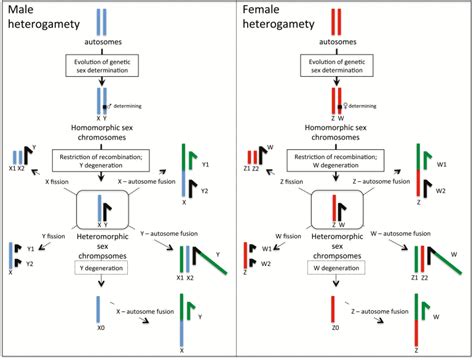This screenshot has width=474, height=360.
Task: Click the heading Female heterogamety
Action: pos(279,21)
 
